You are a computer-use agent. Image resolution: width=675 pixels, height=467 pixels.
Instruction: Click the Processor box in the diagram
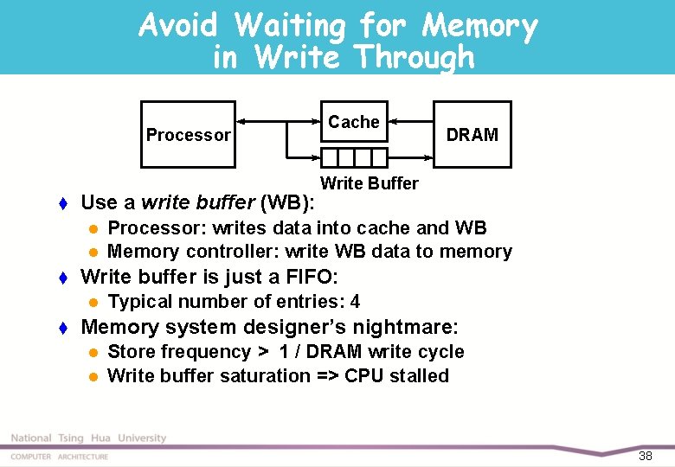pyautogui.click(x=188, y=135)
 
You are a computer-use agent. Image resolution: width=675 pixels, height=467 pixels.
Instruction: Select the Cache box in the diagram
pyautogui.click(x=354, y=122)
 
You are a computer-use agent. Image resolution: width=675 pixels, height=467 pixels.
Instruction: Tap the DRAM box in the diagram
pyautogui.click(x=472, y=135)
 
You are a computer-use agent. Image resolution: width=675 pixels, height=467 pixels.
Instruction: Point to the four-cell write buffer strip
pyautogui.click(x=354, y=157)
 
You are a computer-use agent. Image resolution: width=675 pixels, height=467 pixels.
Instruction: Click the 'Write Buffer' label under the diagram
pyautogui.click(x=369, y=183)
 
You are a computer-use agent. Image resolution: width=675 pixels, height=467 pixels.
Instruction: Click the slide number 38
pyautogui.click(x=645, y=456)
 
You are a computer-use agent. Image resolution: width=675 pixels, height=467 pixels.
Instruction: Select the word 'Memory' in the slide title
pyautogui.click(x=479, y=27)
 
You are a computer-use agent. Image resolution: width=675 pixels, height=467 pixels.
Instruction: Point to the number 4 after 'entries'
pyautogui.click(x=355, y=302)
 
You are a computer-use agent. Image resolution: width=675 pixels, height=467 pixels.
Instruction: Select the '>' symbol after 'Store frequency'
pyautogui.click(x=261, y=352)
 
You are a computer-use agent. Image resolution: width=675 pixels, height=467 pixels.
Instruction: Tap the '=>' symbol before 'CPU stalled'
pyautogui.click(x=327, y=376)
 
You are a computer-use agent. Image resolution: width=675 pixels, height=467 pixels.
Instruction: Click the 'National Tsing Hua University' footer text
pyautogui.click(x=88, y=438)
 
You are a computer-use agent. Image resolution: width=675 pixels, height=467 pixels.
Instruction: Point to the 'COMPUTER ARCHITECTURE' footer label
pyautogui.click(x=60, y=456)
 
